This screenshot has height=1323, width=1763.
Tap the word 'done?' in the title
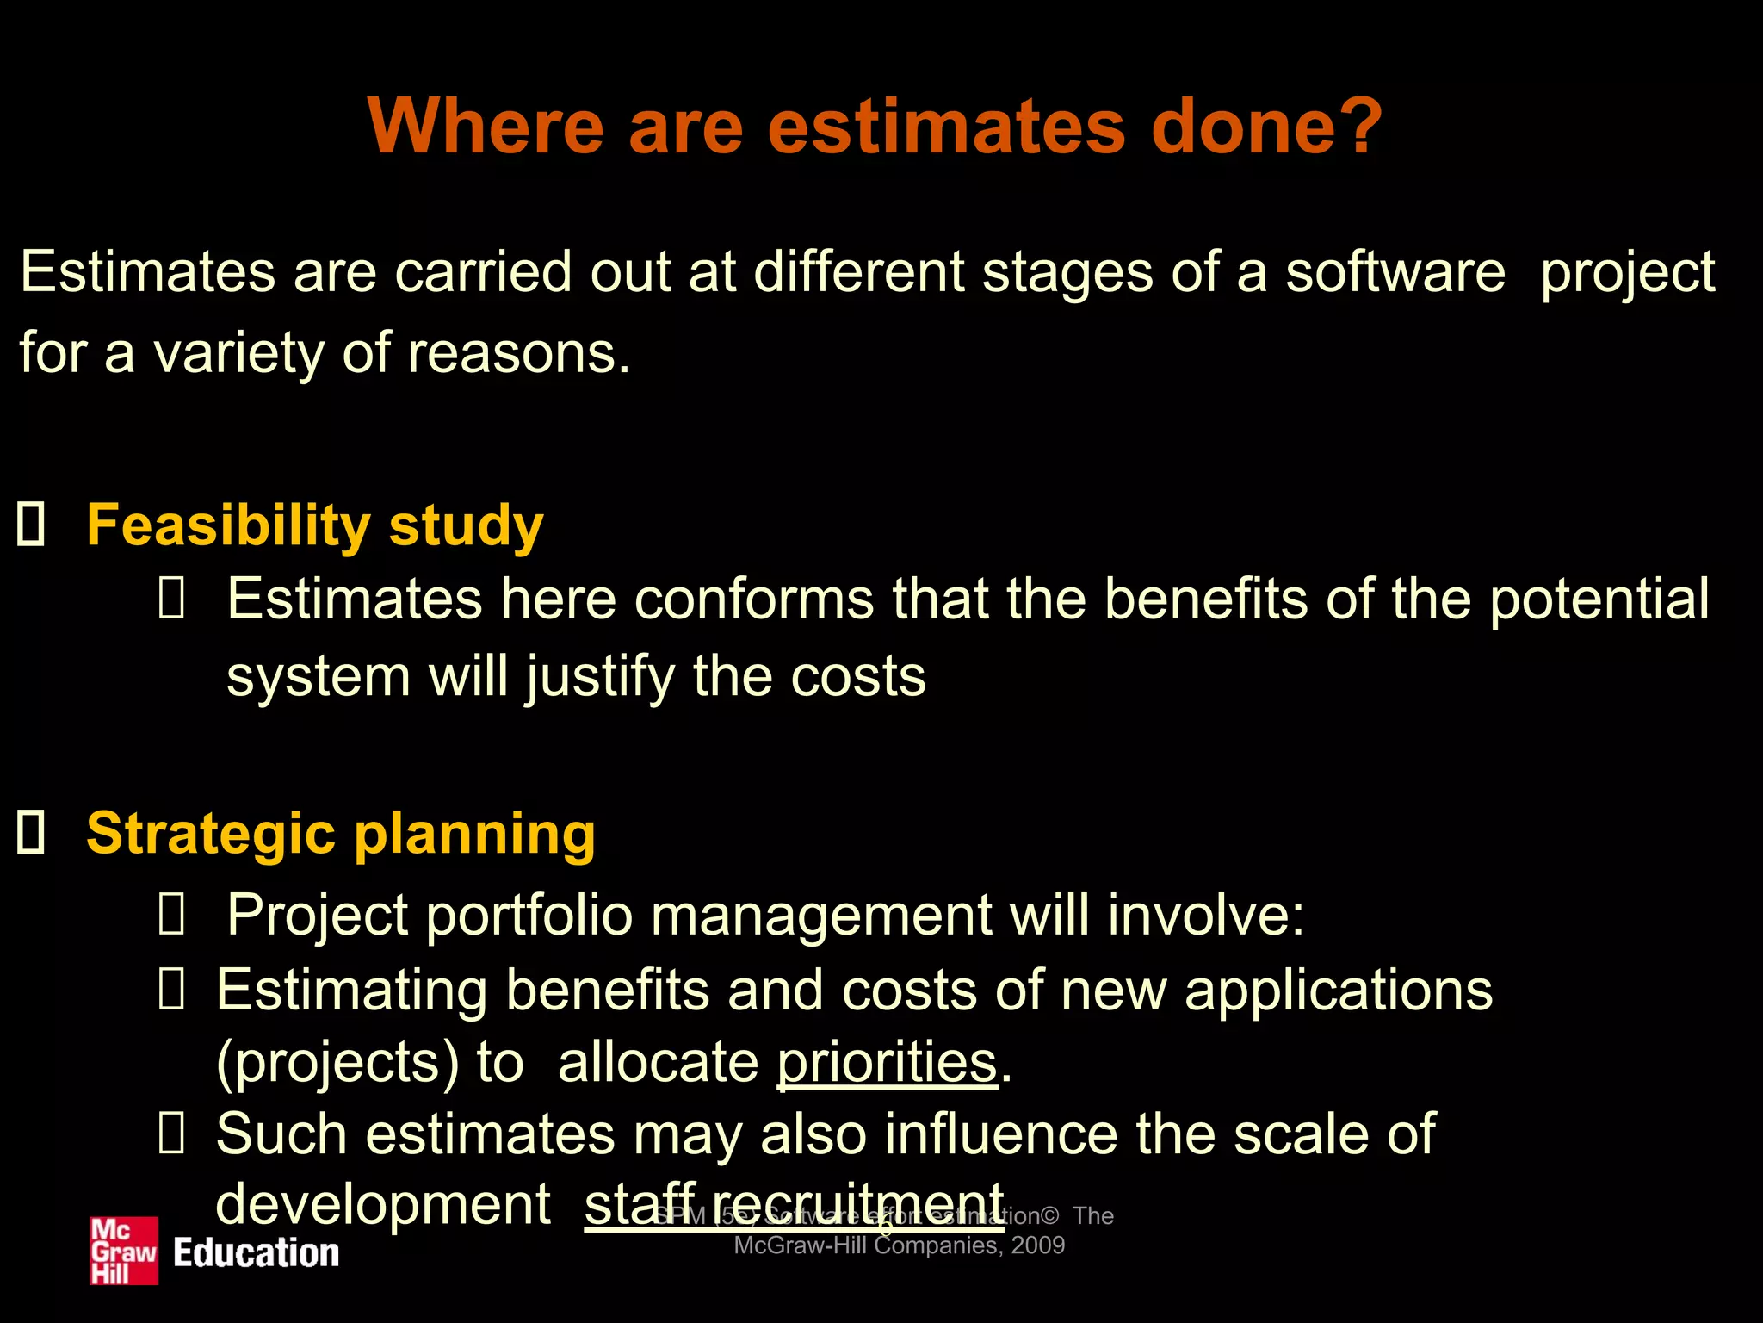(1266, 127)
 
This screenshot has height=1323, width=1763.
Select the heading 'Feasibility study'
(315, 525)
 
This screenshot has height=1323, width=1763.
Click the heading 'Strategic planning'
(341, 834)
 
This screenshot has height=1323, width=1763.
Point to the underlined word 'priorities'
(887, 1061)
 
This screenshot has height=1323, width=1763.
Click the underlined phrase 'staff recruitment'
(794, 1203)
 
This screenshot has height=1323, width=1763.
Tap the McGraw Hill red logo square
(124, 1251)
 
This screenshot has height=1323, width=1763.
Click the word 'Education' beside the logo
(256, 1253)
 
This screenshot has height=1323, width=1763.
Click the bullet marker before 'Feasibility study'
(31, 525)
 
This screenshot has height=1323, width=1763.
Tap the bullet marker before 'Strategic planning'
(31, 833)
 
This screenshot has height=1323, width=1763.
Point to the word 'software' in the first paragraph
(1395, 272)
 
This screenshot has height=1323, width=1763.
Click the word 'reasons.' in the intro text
(519, 353)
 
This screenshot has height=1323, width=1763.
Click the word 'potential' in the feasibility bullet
(1599, 599)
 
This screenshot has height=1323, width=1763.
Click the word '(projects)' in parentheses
(337, 1062)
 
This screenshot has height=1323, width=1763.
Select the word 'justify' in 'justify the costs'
(600, 677)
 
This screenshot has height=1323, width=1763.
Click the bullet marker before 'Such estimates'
(171, 1134)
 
